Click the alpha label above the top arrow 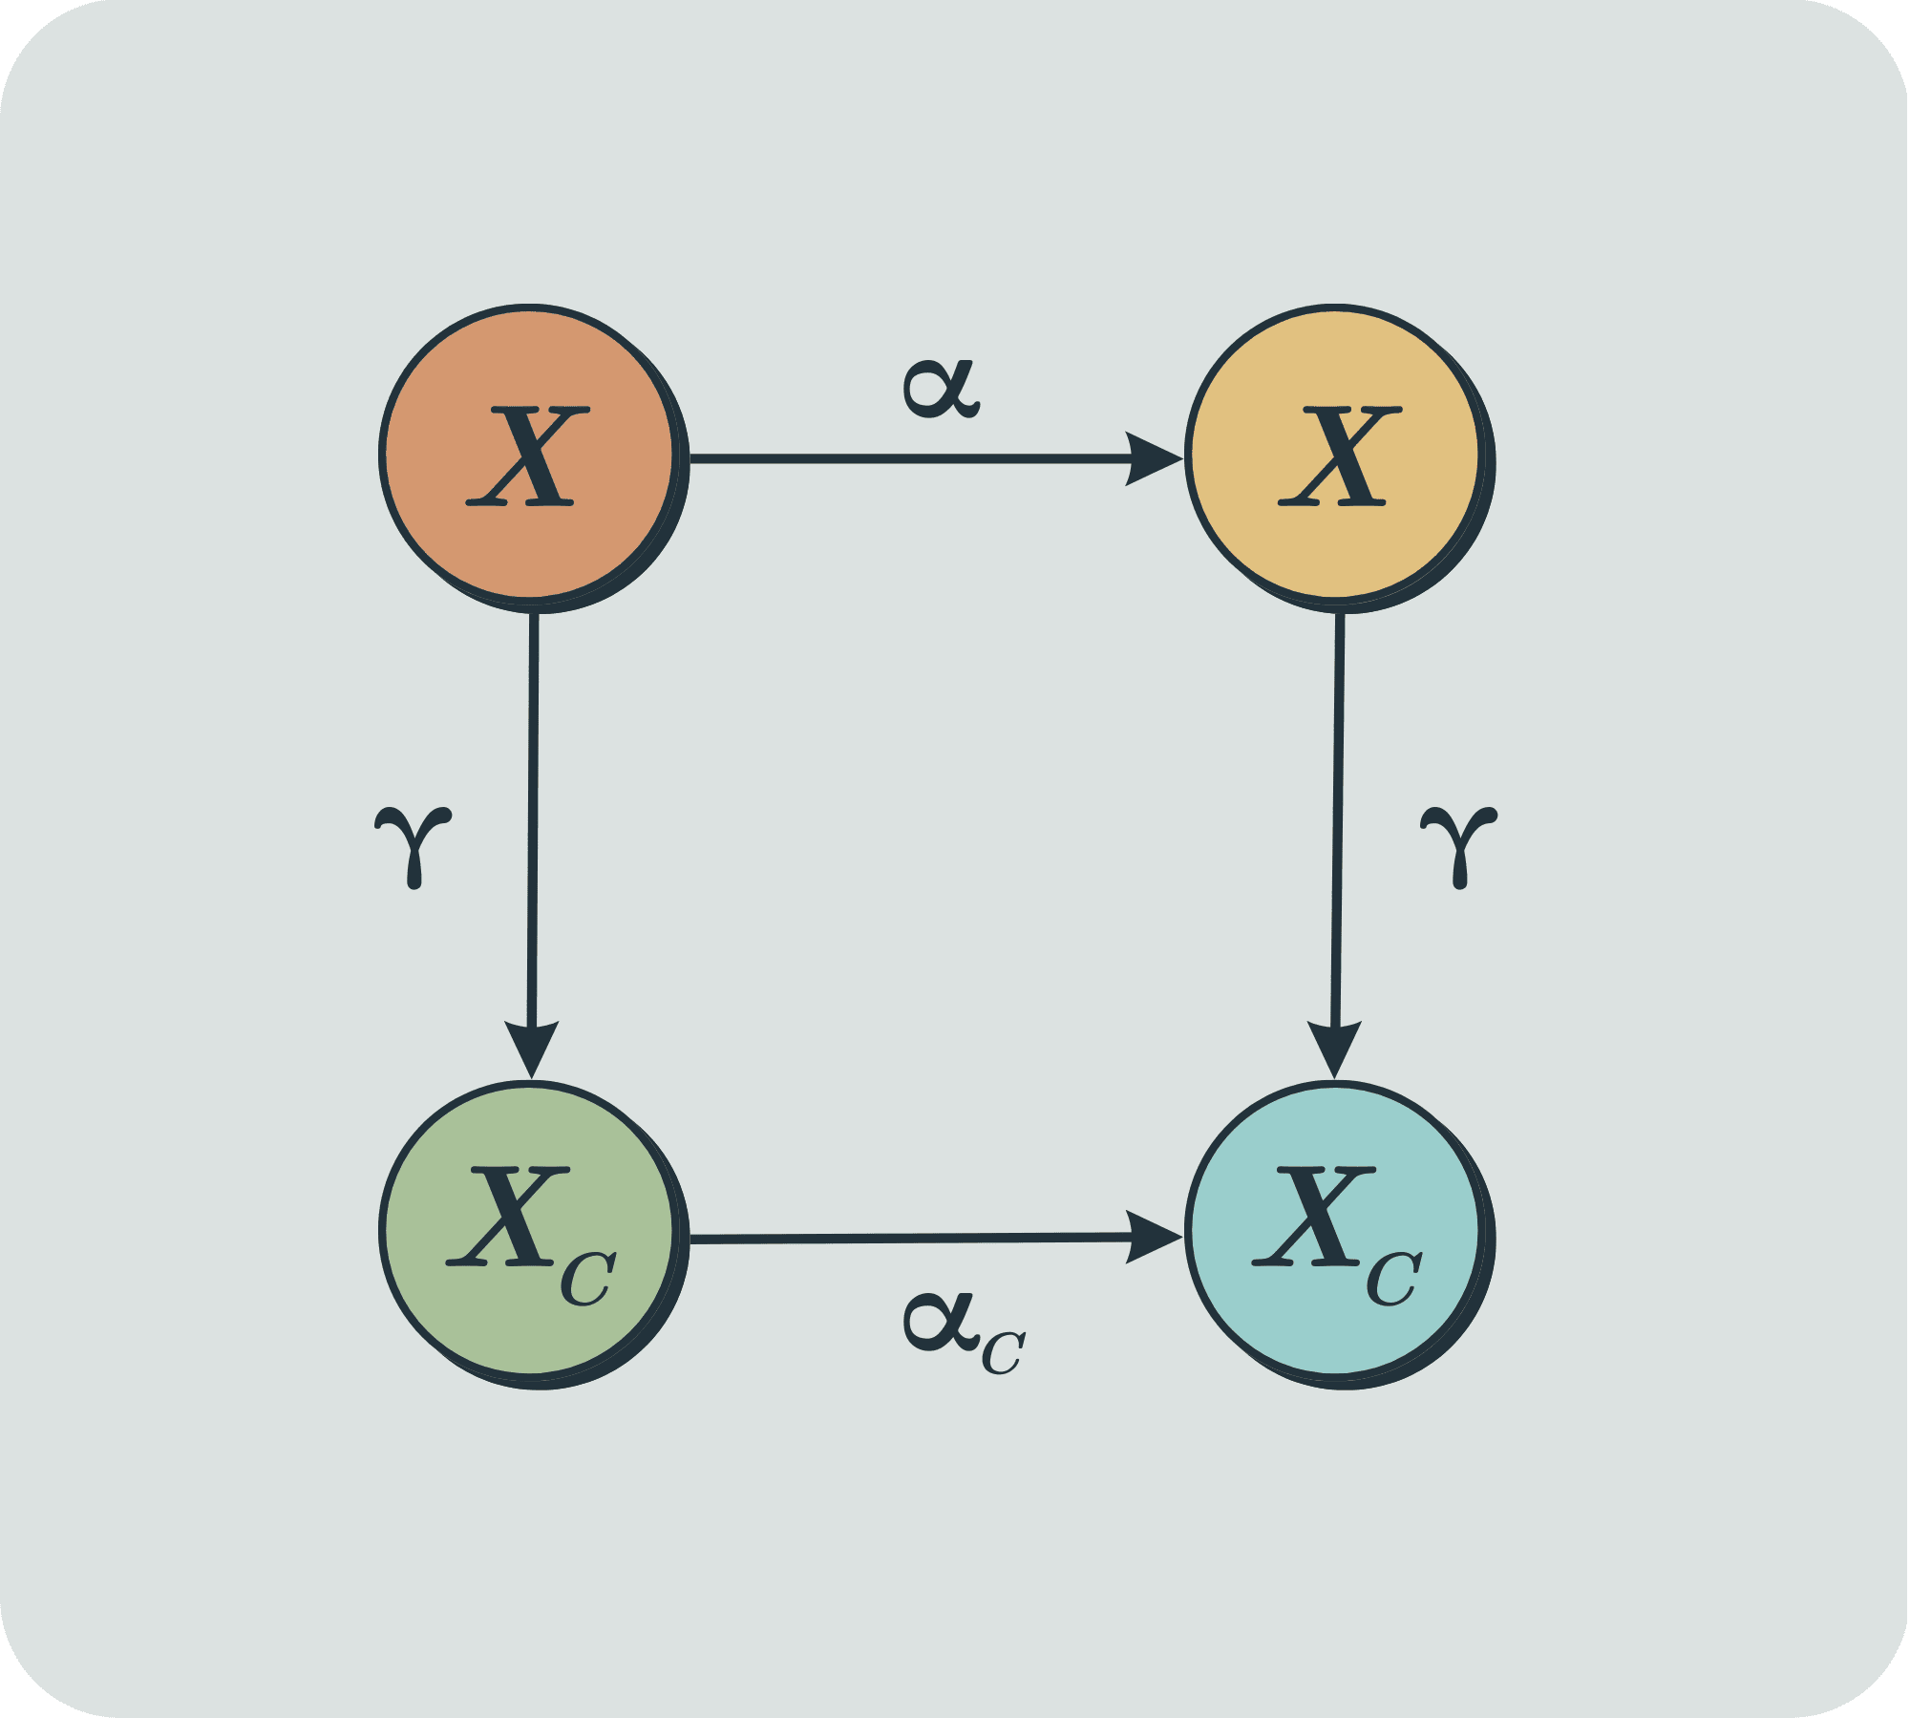coord(941,390)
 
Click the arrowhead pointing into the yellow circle coord(1153,459)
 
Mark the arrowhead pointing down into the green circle coord(531,1048)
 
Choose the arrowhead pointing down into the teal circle coord(1334,1048)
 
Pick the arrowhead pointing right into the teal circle coord(1153,1238)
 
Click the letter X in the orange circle coord(527,456)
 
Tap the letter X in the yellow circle coord(1339,456)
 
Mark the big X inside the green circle coord(506,1218)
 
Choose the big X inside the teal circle coord(1313,1218)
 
